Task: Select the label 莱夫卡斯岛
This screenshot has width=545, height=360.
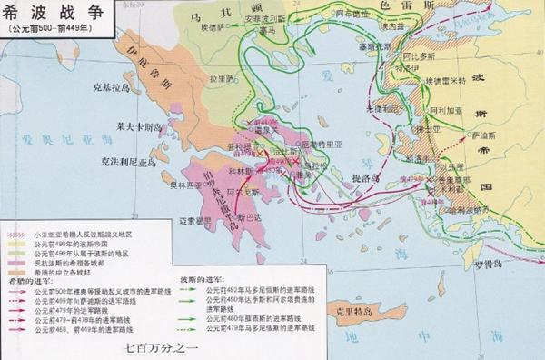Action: coord(114,126)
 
